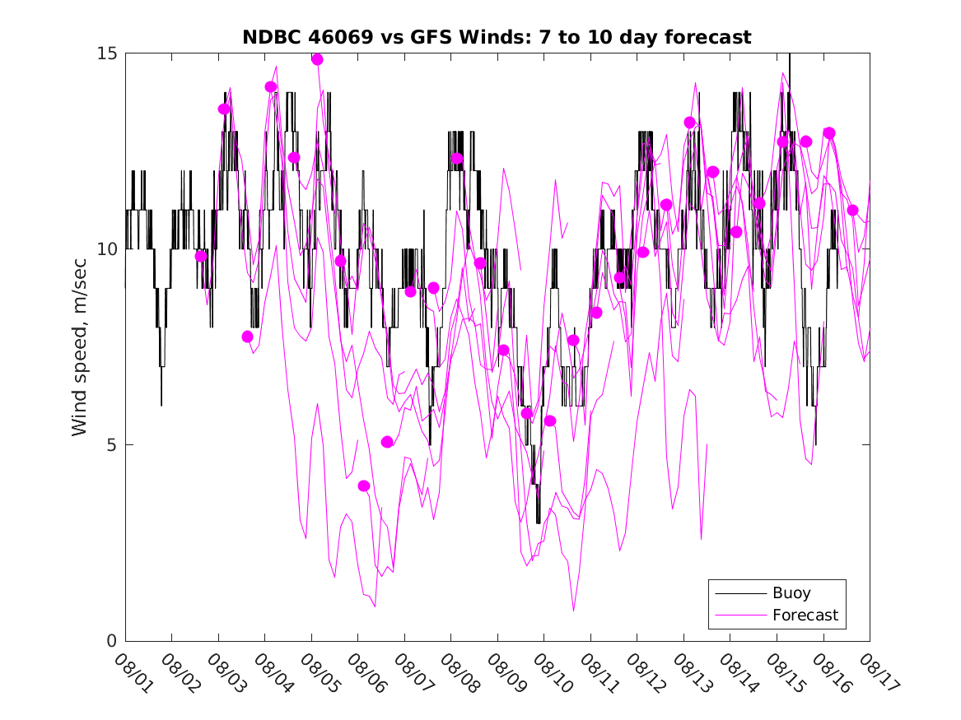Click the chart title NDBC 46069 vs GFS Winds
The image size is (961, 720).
(497, 38)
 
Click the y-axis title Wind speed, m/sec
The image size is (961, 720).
(79, 346)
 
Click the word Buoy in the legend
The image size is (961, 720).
(791, 593)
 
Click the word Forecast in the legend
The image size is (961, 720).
(805, 615)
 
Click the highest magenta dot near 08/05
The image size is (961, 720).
(317, 59)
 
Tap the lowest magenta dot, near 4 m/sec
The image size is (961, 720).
(364, 486)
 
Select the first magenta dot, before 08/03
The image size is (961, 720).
(201, 257)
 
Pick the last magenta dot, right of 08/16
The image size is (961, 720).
(853, 211)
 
